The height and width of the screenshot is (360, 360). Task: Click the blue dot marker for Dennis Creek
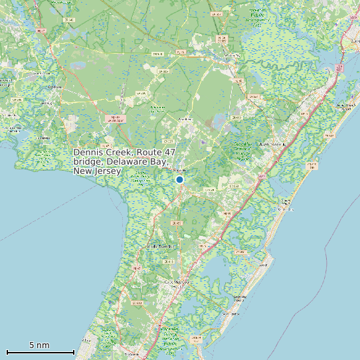tap(179, 179)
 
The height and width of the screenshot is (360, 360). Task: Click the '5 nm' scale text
tap(39, 345)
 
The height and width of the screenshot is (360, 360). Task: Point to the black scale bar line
tap(40, 352)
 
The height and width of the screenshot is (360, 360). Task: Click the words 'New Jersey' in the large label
tap(98, 171)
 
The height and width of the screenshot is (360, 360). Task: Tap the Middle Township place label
tap(160, 246)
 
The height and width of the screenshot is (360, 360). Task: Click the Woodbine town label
tap(185, 119)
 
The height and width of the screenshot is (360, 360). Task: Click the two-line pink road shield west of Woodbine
tap(116, 120)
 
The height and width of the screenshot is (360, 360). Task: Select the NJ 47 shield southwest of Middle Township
tap(136, 268)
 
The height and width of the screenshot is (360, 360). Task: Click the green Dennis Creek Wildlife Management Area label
tap(141, 177)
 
